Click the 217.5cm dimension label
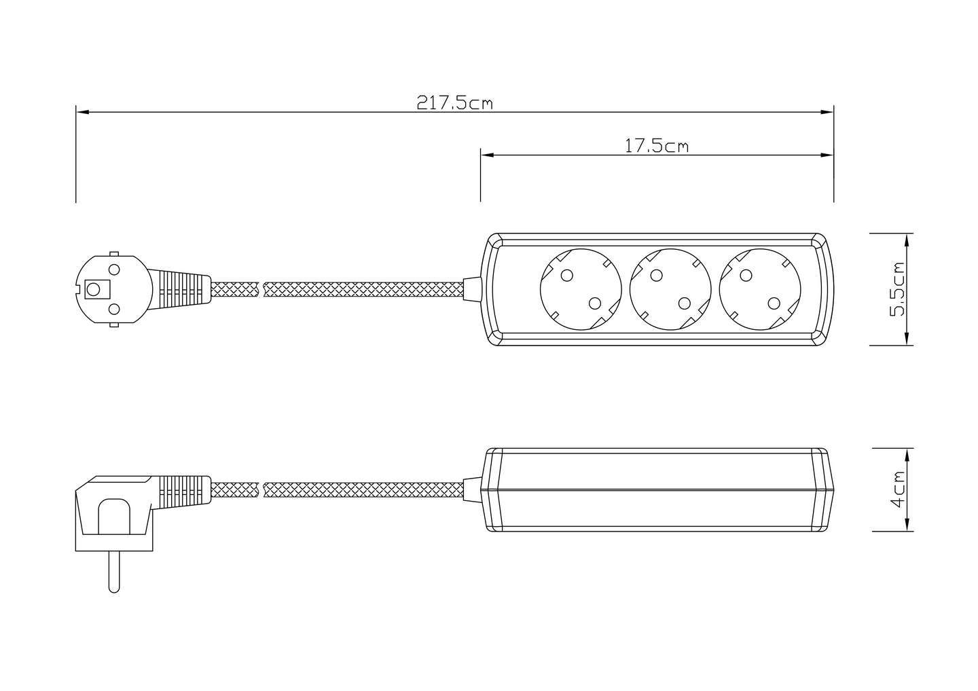[454, 102]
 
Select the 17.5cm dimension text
[656, 146]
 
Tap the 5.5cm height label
[898, 289]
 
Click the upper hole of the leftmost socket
[566, 276]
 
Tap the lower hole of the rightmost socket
[774, 303]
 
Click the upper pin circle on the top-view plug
[114, 269]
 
